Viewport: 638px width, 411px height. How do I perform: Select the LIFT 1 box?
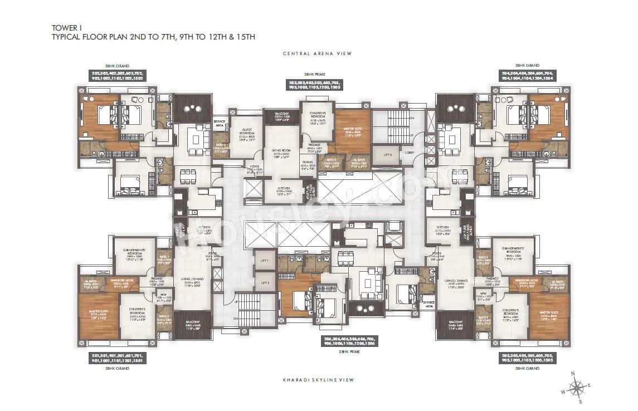click(x=265, y=260)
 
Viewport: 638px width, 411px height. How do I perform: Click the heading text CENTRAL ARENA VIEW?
click(x=319, y=54)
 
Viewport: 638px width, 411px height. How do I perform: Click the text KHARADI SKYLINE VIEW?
click(x=319, y=380)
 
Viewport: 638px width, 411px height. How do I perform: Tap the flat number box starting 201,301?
click(x=121, y=358)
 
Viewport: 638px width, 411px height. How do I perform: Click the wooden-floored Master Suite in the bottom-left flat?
click(x=99, y=316)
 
